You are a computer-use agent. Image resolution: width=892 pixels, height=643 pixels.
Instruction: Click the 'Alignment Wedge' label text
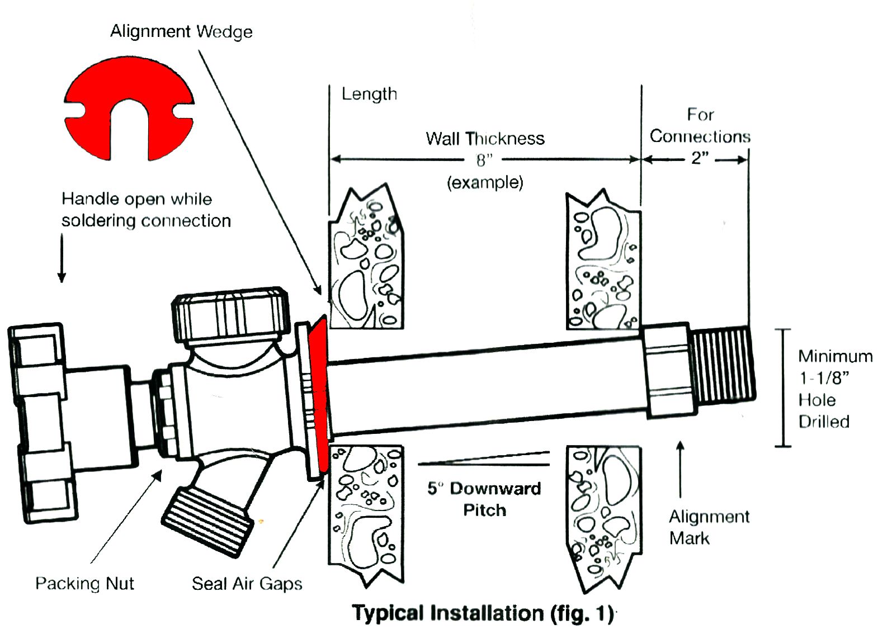(x=181, y=31)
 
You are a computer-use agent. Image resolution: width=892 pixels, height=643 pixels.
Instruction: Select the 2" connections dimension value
(x=699, y=159)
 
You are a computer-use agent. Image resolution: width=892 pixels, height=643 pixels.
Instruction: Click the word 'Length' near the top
(x=369, y=94)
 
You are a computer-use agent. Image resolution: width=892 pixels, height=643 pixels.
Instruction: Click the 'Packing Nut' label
(x=84, y=583)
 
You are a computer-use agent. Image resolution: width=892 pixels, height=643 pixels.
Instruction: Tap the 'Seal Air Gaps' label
(x=247, y=584)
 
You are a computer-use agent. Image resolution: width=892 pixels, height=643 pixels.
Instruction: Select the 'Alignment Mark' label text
(x=709, y=527)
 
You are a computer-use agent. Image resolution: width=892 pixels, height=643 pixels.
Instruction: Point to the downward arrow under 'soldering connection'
(x=62, y=258)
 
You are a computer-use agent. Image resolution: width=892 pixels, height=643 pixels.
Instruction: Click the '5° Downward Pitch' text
(x=484, y=499)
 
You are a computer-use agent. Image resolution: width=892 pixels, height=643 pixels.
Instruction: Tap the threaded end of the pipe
(x=723, y=364)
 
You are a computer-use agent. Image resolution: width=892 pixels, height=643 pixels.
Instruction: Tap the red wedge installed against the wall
(x=318, y=394)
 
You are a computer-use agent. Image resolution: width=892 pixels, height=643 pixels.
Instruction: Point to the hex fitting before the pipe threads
(x=667, y=371)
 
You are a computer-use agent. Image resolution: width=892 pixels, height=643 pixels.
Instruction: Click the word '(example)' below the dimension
(x=484, y=183)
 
